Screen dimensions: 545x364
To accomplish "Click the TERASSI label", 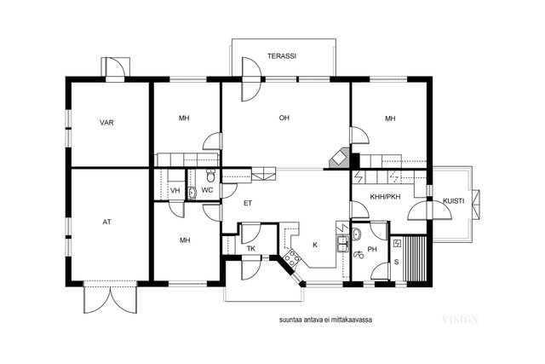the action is point(282,56).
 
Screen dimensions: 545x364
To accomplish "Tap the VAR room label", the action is point(106,123).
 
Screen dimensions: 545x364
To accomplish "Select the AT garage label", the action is point(106,222).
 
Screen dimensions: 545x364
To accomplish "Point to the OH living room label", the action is point(284,118).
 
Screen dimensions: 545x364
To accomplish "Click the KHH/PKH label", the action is point(385,197).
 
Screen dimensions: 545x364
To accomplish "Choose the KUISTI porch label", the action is point(454,201).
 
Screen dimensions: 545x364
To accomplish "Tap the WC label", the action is point(207,190).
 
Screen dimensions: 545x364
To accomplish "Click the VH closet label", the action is point(175,191).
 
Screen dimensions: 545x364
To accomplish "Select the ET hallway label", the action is point(248,203).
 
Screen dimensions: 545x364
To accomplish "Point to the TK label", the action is point(251,248).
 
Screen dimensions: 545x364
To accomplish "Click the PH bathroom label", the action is point(372,249).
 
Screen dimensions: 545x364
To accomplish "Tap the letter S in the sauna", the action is point(396,262).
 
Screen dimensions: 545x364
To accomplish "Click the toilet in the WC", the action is point(210,176).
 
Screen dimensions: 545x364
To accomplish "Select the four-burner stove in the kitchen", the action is point(291,258).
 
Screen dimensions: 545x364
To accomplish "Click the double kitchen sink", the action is point(342,243).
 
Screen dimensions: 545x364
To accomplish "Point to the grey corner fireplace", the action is point(339,159).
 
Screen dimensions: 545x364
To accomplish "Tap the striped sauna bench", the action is point(416,258).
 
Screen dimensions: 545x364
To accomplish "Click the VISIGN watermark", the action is point(460,319).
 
